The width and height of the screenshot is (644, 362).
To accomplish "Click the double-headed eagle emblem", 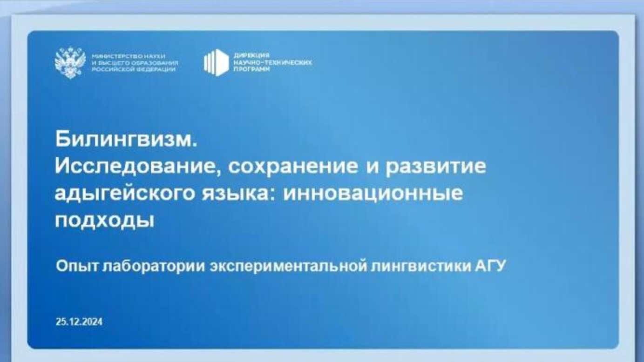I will coord(70,62).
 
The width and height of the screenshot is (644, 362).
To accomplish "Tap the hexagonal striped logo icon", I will coord(217,62).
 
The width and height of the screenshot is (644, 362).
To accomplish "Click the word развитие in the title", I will coord(435,166).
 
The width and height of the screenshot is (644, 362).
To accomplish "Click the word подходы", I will coord(104,220).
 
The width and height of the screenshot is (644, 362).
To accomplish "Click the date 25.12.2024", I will coord(79,322).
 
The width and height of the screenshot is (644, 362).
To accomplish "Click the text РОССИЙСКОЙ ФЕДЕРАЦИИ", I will coord(134,69).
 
